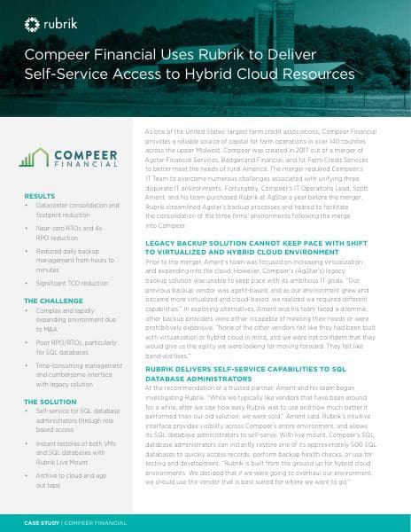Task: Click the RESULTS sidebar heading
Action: [x=40, y=196]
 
